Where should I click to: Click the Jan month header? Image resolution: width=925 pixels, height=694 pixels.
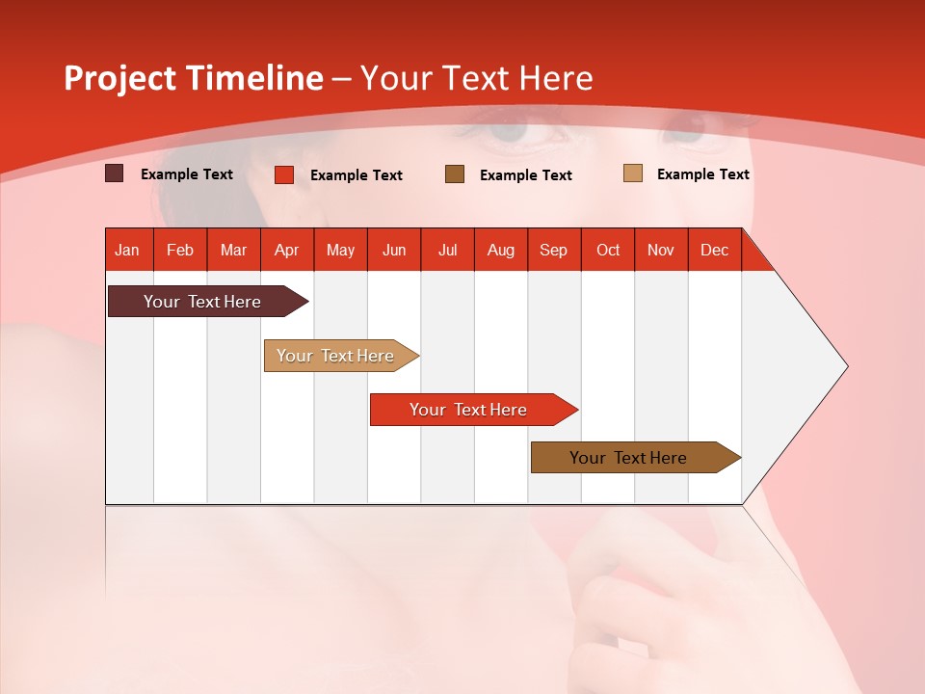(x=128, y=250)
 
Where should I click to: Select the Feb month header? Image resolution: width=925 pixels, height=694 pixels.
(x=180, y=250)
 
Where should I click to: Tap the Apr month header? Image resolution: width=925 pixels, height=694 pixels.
(x=287, y=250)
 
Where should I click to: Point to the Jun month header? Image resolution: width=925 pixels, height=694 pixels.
(x=394, y=250)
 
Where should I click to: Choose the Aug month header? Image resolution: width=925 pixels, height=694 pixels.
(x=501, y=250)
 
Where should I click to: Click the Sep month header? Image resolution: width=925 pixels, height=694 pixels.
(x=554, y=250)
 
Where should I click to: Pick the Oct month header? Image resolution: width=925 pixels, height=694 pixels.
(x=608, y=250)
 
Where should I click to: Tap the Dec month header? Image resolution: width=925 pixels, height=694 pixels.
(x=715, y=250)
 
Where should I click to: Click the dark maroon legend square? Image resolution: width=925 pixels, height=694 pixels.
(x=114, y=173)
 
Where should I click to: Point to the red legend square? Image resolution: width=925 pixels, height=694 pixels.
(x=284, y=174)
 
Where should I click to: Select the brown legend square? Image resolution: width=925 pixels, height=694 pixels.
(x=455, y=173)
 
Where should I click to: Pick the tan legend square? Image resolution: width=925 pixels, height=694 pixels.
(x=632, y=173)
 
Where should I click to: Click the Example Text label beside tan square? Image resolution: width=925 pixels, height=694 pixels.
(x=702, y=174)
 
